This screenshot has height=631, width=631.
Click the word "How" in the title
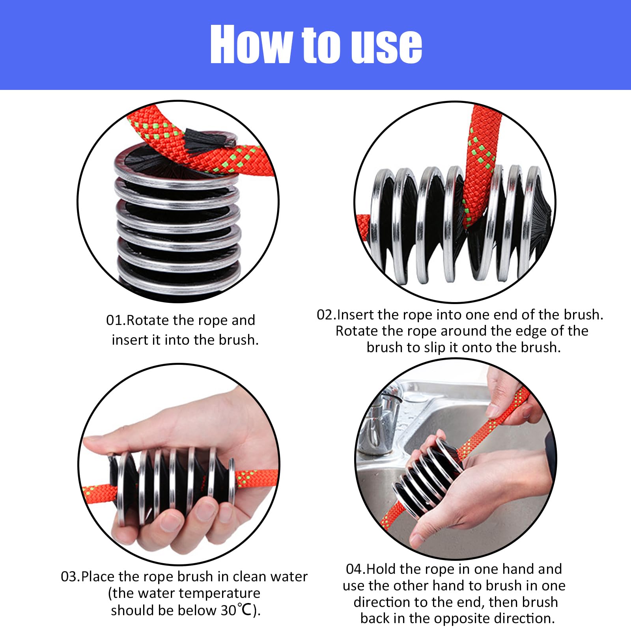point(252,44)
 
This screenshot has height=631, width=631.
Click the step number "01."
point(116,320)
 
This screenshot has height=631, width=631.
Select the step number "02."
point(327,315)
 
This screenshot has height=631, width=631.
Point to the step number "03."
point(71,577)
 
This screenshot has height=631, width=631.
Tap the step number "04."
point(356,569)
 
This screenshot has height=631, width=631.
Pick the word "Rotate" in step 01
point(146,320)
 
